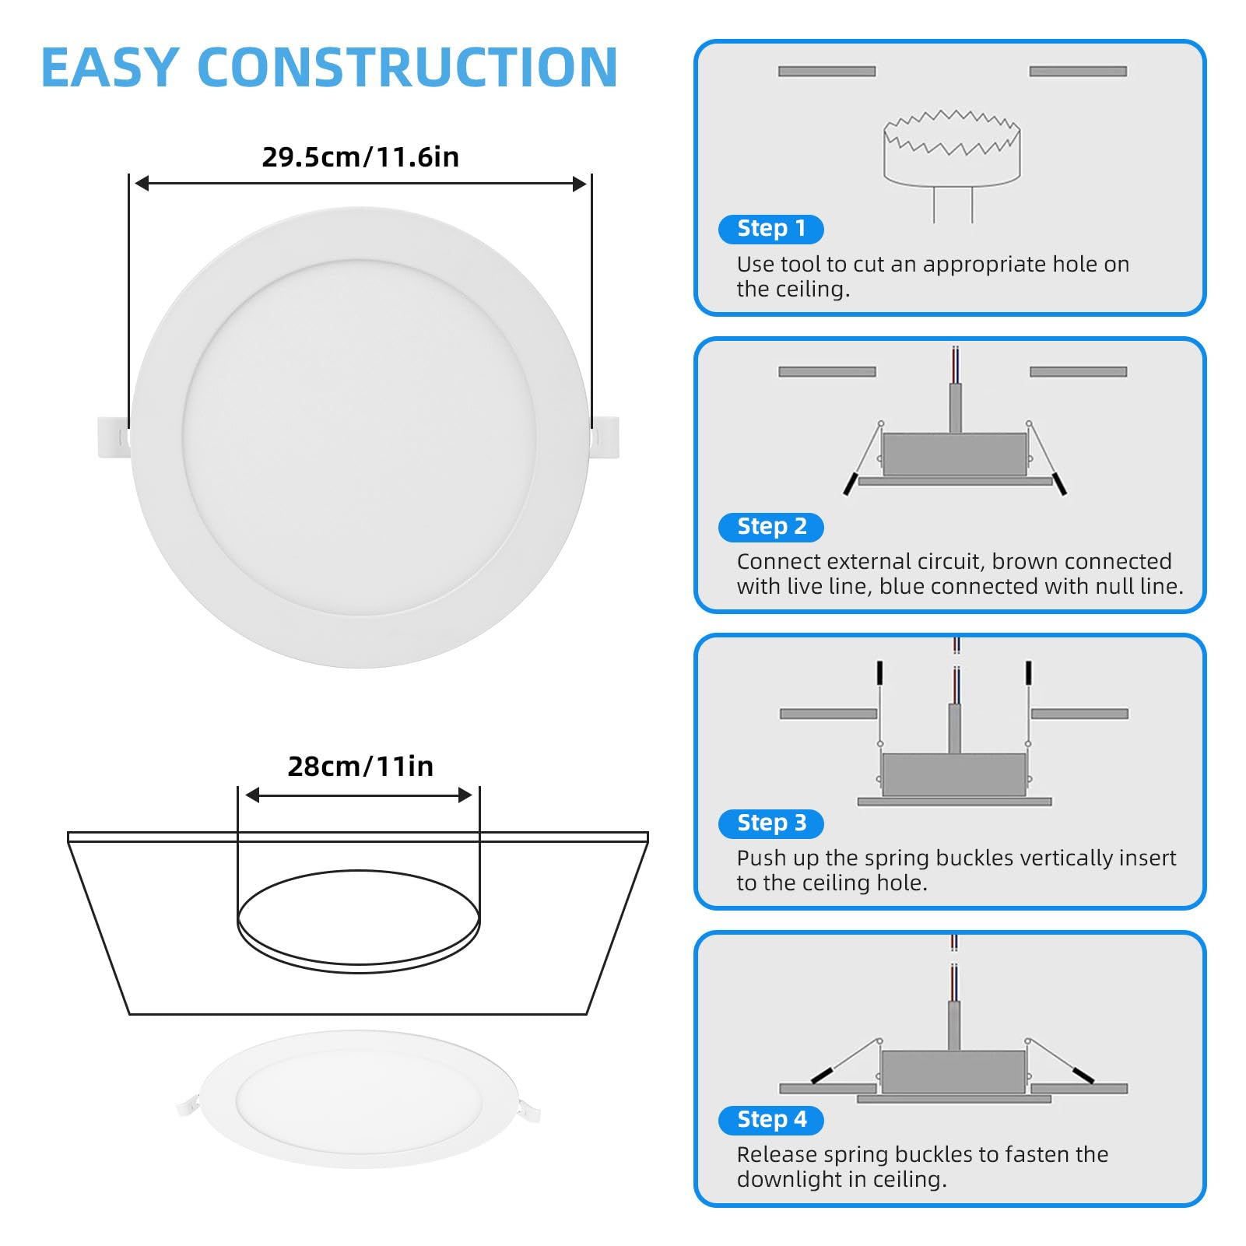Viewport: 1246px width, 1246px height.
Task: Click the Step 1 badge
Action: point(770,229)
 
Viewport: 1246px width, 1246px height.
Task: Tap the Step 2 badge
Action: point(770,527)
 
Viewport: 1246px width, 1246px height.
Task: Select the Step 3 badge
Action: point(770,823)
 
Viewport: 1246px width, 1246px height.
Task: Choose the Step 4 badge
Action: point(770,1120)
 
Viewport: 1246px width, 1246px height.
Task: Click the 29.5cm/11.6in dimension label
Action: point(360,157)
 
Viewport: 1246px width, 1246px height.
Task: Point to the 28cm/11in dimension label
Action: point(360,767)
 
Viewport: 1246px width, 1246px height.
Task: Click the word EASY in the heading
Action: point(111,68)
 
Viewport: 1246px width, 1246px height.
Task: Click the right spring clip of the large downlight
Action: point(605,437)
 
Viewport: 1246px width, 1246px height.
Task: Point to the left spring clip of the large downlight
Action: point(114,437)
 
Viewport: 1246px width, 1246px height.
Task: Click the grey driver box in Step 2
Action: point(954,455)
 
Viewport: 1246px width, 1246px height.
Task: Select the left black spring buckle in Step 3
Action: point(879,672)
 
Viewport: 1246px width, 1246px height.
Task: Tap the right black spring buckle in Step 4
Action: point(1083,1075)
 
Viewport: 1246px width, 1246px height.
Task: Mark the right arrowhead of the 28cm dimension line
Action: point(465,795)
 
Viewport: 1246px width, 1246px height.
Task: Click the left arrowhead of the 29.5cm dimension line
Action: point(142,184)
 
